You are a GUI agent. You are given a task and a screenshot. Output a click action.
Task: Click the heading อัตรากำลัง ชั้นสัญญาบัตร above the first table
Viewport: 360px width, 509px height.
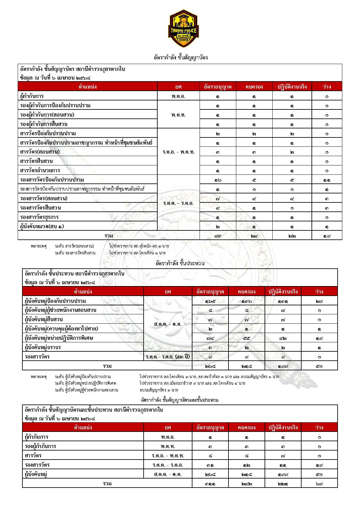click(181, 58)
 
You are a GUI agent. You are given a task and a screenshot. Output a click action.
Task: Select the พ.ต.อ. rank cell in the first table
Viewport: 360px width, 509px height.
click(178, 96)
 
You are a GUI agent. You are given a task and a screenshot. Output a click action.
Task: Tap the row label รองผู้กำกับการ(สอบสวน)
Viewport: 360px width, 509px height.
click(47, 115)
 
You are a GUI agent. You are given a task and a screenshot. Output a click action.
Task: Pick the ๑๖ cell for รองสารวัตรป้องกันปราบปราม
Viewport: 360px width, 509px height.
click(218, 180)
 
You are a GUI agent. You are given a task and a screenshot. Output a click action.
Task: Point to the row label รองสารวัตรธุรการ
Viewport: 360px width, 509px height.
click(39, 217)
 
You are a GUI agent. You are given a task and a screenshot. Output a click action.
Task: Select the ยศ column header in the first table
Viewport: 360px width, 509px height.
click(178, 86)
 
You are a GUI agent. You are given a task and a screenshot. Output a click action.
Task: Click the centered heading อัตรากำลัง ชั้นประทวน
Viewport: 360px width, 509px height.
click(180, 263)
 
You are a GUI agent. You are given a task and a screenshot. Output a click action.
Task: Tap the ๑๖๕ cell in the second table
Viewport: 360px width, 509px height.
click(210, 301)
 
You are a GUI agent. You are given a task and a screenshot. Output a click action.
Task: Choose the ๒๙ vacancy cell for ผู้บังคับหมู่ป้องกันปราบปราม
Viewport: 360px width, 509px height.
click(319, 301)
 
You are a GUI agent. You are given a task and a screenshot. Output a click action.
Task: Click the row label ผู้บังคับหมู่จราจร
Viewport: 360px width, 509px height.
click(43, 347)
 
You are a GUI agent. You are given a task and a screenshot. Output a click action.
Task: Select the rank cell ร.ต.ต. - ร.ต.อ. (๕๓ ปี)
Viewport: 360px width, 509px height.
click(168, 357)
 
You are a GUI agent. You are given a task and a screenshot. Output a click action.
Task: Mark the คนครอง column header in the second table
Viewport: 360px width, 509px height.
click(247, 292)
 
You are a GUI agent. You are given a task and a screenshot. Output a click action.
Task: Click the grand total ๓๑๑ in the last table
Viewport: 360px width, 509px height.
click(210, 484)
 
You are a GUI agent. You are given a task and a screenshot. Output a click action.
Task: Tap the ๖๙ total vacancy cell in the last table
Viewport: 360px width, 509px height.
click(319, 484)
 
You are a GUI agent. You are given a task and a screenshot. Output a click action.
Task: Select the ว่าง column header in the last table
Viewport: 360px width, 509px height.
click(319, 428)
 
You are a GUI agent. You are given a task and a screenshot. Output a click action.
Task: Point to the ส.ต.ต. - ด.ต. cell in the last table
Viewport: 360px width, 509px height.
click(168, 474)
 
